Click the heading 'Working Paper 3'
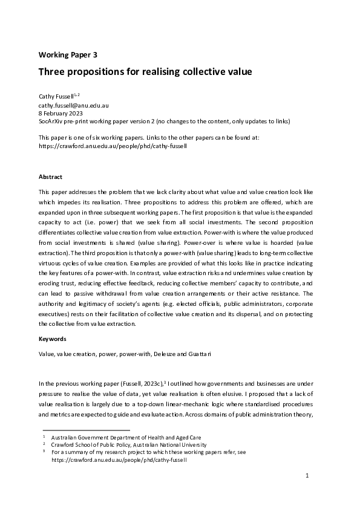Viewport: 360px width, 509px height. [68, 54]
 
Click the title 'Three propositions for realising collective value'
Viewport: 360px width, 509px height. [145, 71]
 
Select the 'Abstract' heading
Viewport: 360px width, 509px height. [50, 177]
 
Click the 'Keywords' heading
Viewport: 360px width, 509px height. [52, 339]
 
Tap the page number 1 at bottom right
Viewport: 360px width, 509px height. [307, 476]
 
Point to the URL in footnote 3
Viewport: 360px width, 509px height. [119, 459]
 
